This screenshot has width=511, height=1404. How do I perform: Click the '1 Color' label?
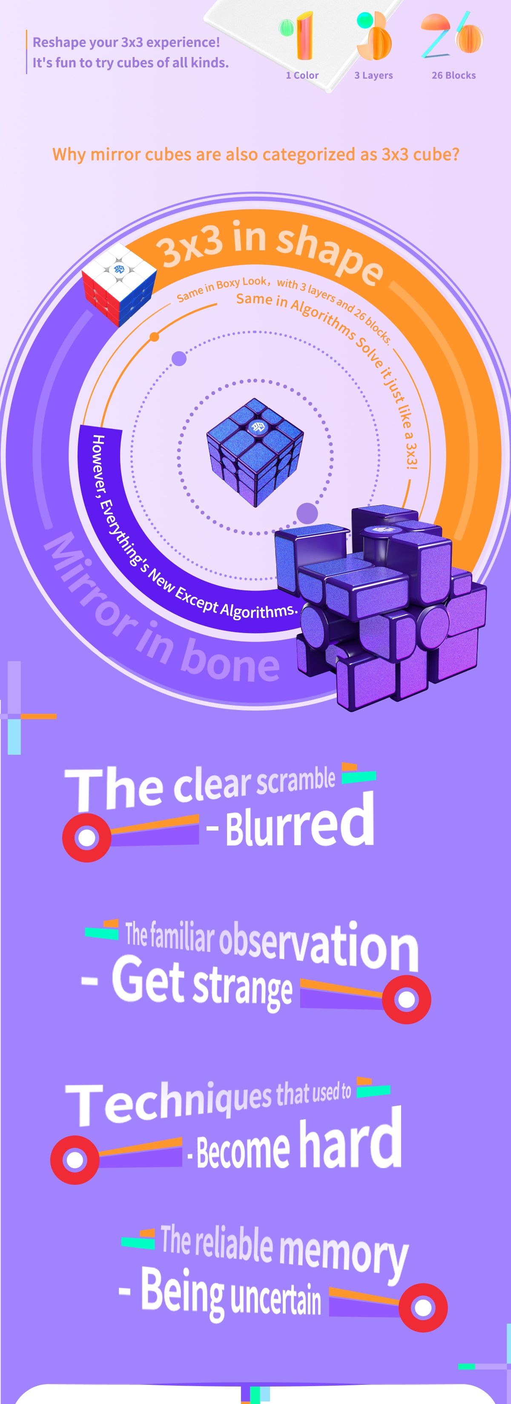302,75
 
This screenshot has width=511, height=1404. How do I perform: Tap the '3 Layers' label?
373,75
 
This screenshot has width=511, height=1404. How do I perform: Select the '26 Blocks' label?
453,75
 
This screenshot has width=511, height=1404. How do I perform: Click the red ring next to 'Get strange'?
406,999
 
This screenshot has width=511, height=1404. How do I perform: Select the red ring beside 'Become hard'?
75,1159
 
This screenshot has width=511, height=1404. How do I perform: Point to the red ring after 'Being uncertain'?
423,1307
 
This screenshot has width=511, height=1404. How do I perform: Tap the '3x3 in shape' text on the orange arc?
270,251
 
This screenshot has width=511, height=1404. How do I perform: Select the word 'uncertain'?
276,1299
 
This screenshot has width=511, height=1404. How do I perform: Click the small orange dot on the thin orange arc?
154,337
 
